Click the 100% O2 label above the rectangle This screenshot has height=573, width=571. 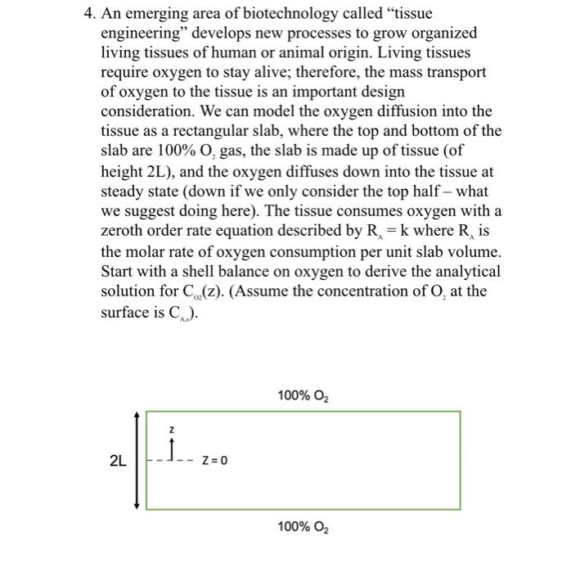tap(303, 397)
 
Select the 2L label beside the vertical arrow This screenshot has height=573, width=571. tap(116, 461)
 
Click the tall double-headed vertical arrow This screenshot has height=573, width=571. tap(136, 461)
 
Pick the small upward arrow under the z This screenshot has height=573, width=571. tap(171, 449)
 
